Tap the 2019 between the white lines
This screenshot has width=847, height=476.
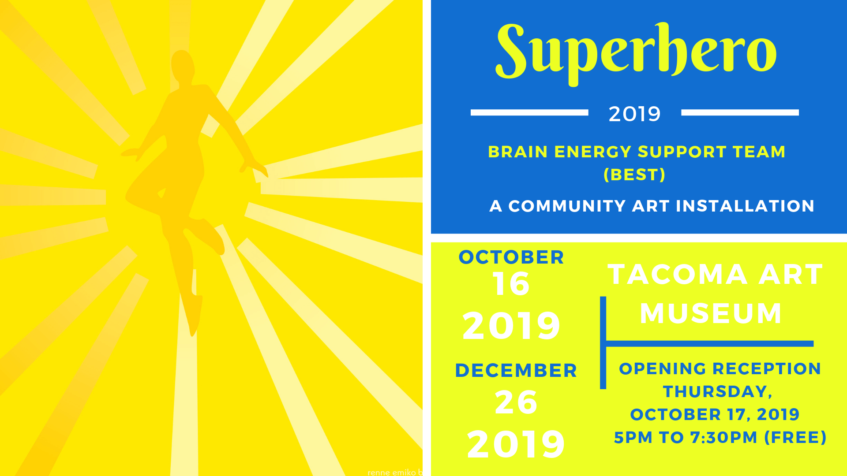pyautogui.click(x=634, y=114)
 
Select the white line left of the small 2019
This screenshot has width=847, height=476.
pyautogui.click(x=529, y=112)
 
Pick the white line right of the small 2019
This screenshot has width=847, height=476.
pyautogui.click(x=740, y=112)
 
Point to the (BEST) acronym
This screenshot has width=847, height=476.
pyautogui.click(x=634, y=175)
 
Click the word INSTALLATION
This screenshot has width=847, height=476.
pyautogui.click(x=745, y=206)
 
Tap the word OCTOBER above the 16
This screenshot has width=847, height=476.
pyautogui.click(x=511, y=257)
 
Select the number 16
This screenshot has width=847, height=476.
pyautogui.click(x=511, y=284)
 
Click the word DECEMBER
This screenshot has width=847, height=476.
pyautogui.click(x=516, y=371)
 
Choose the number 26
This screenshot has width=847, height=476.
pyautogui.click(x=516, y=402)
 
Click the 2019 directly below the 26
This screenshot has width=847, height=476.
pyautogui.click(x=516, y=444)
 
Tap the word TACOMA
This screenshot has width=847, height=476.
pyautogui.click(x=678, y=275)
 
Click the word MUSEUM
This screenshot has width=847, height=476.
pyautogui.click(x=711, y=313)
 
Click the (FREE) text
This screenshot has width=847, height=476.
pyautogui.click(x=795, y=438)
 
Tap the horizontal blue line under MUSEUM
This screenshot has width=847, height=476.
pyautogui.click(x=710, y=344)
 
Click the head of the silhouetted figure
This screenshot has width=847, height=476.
pyautogui.click(x=182, y=65)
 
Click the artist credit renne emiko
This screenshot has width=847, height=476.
pyautogui.click(x=392, y=472)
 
